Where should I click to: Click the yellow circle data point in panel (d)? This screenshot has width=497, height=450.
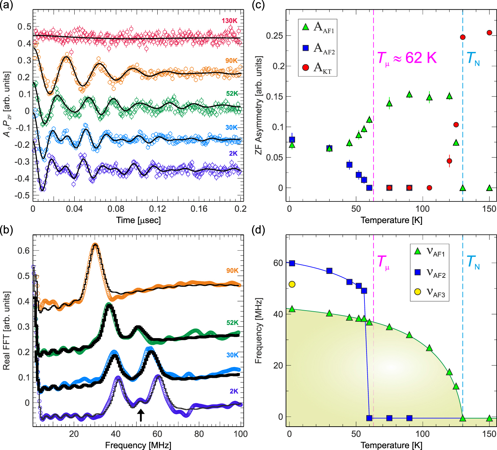pyautogui.click(x=292, y=284)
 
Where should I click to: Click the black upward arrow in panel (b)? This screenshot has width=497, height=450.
pyautogui.click(x=141, y=415)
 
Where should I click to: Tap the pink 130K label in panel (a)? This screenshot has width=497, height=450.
pyautogui.click(x=229, y=21)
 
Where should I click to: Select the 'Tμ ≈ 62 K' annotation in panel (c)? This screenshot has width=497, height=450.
pyautogui.click(x=407, y=58)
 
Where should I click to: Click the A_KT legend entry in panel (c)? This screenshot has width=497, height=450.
pyautogui.click(x=318, y=68)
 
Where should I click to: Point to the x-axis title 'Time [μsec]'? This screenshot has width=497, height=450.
pyautogui.click(x=138, y=220)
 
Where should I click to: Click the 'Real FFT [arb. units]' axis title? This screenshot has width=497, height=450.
pyautogui.click(x=6, y=330)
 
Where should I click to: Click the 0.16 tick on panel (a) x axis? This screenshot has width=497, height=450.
pyautogui.click(x=199, y=209)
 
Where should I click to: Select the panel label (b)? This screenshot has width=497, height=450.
pyautogui.click(x=7, y=230)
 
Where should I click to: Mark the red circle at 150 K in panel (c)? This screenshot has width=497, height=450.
pyautogui.click(x=489, y=33)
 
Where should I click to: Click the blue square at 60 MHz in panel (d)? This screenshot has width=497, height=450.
pyautogui.click(x=292, y=263)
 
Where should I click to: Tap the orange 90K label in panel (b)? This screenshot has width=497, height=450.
pyautogui.click(x=232, y=271)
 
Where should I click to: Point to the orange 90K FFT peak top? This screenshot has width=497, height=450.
pyautogui.click(x=95, y=245)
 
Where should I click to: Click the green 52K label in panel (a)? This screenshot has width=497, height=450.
pyautogui.click(x=232, y=94)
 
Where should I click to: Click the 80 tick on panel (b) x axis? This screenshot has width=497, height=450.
pyautogui.click(x=199, y=434)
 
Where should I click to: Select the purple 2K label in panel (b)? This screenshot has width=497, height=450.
pyautogui.click(x=234, y=391)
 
